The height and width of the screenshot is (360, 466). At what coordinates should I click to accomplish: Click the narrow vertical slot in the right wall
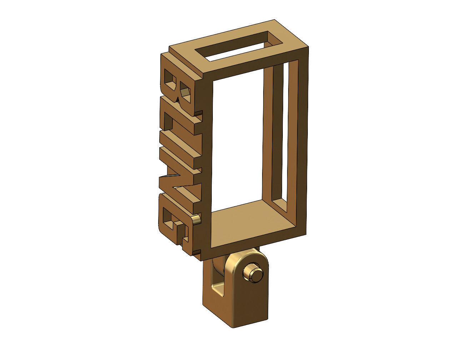286,136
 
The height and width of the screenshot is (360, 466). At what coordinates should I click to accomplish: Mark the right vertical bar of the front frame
302,143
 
